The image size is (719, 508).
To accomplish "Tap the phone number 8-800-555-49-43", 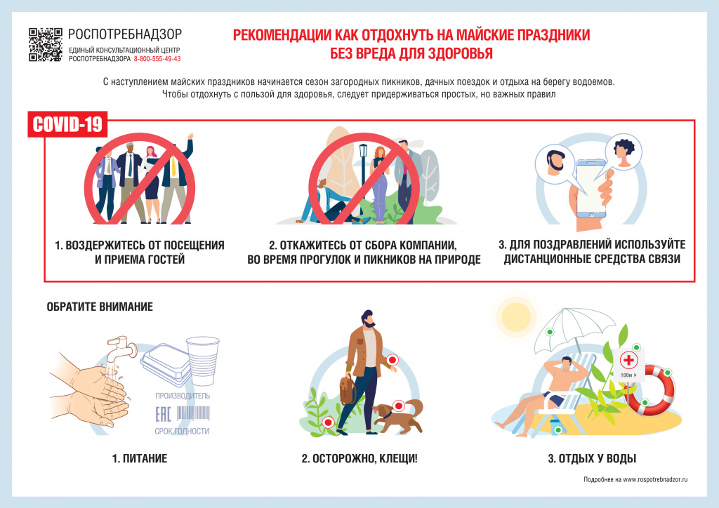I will point(157,59).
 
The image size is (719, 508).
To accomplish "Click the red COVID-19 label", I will point(68,124).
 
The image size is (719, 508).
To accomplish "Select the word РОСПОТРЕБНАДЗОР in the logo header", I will point(125,34).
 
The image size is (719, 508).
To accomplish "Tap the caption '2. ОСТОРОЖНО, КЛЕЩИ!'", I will point(359,460).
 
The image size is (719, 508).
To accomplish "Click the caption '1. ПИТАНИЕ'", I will point(140,460).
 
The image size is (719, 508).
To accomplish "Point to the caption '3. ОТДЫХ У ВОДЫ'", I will point(592,460).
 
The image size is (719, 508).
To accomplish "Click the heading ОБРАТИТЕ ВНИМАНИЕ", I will point(100,307).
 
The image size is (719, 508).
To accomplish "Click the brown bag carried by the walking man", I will point(348,389).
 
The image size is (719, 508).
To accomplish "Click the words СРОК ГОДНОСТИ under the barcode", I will point(182,431).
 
